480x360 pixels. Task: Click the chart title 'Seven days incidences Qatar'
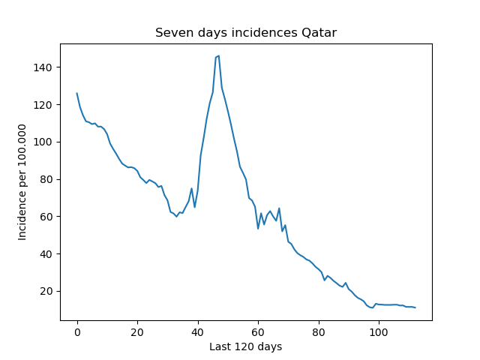tap(246, 33)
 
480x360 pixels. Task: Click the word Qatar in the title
tap(319, 33)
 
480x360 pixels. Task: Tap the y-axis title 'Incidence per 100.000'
tap(22, 182)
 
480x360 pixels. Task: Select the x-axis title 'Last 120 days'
tap(245, 346)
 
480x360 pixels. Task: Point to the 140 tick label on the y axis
tap(43, 67)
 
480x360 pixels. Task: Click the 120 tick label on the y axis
tap(43, 105)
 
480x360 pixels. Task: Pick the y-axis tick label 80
tap(46, 179)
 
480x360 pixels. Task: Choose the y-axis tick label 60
tap(46, 217)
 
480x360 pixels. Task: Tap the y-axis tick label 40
tap(46, 254)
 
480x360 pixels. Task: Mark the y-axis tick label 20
tap(46, 291)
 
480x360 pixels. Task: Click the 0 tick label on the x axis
tap(77, 332)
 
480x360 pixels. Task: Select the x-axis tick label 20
tap(137, 332)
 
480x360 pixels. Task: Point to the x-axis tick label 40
tap(198, 332)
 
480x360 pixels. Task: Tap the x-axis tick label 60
tap(258, 332)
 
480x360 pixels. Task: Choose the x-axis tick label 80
tap(318, 332)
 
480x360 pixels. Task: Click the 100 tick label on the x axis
tap(379, 332)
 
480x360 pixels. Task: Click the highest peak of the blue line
tap(218, 55)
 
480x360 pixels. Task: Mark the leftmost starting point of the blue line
tap(76, 93)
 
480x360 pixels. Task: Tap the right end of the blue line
tap(415, 307)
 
